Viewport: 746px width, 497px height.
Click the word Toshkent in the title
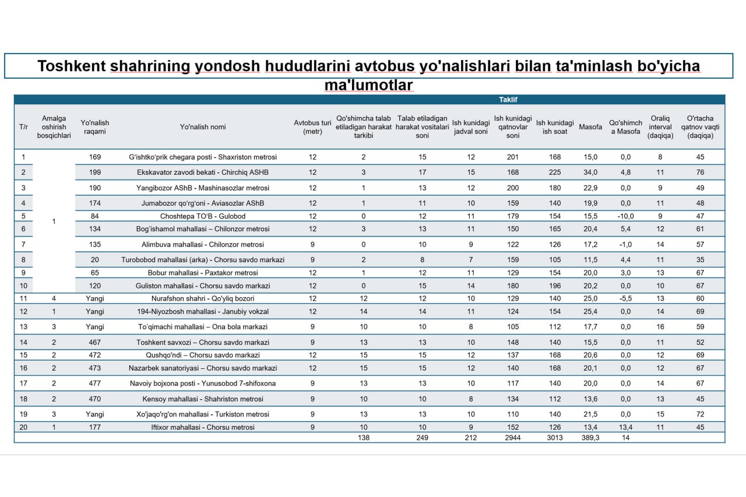[x=71, y=66]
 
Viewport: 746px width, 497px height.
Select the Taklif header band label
[x=508, y=100]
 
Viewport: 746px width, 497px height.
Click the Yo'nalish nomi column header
[x=202, y=127]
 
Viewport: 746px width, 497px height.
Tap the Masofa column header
[x=590, y=127]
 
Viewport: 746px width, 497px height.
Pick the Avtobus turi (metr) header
[x=312, y=127]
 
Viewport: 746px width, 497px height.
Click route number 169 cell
[x=95, y=157]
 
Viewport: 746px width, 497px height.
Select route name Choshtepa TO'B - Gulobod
[x=202, y=216]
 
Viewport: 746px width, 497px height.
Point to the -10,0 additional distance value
[x=625, y=216]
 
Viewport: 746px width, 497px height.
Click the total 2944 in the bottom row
[x=513, y=438]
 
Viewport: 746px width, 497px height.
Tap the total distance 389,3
[x=590, y=438]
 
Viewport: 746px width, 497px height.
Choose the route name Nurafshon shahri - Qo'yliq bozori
[x=202, y=298]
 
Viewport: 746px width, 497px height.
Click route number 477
[x=95, y=383]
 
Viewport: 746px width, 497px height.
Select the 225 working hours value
[x=554, y=172]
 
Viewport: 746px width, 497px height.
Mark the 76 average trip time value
[x=700, y=172]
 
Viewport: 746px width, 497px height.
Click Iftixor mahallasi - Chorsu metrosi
[x=202, y=427]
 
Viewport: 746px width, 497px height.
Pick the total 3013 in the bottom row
[x=554, y=438]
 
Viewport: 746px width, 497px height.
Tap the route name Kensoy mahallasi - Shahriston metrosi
[x=202, y=399]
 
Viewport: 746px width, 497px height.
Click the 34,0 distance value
[x=590, y=172]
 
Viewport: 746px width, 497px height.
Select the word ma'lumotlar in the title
[x=368, y=85]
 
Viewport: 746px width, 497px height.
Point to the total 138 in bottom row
[x=364, y=438]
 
